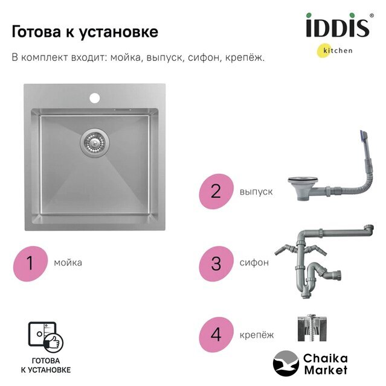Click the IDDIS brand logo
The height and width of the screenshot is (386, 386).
point(339,25)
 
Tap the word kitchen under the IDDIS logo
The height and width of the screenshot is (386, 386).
point(338,51)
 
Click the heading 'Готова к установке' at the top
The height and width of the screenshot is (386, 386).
point(85,31)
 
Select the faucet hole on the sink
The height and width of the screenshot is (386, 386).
point(95,98)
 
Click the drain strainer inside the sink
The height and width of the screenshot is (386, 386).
point(95,142)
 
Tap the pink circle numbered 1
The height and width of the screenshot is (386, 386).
point(30,263)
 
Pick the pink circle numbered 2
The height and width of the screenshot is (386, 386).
point(216,191)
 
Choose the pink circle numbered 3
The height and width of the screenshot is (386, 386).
point(216,264)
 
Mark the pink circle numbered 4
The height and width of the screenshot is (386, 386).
point(216,335)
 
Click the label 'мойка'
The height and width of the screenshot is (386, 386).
point(68,263)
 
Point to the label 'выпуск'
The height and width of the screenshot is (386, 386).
point(256,192)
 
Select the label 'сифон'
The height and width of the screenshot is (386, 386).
point(254,263)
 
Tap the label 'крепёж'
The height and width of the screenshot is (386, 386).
point(257,335)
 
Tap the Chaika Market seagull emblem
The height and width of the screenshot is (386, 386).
point(286,364)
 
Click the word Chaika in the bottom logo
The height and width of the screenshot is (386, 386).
point(326,358)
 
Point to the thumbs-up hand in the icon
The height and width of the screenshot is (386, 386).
point(54,343)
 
